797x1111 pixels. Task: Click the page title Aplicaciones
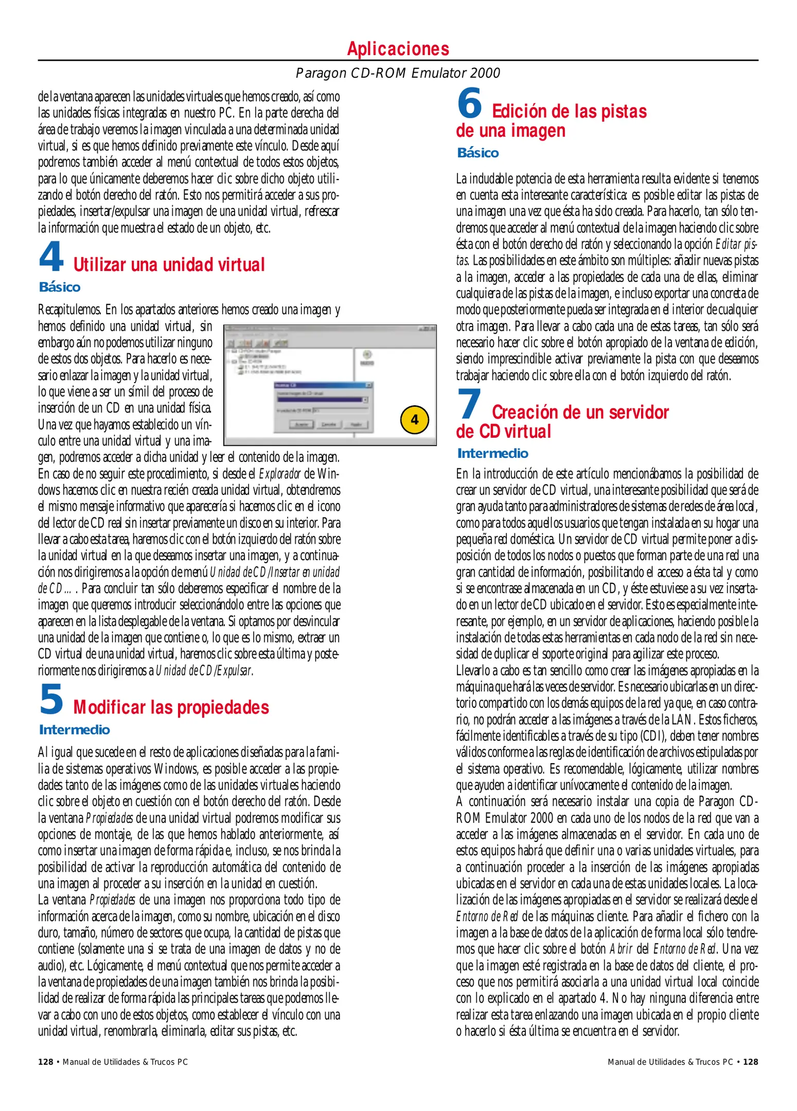(398, 49)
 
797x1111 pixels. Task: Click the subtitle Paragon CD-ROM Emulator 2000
(398, 73)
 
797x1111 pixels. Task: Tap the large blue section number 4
(51, 257)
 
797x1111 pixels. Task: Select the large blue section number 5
(51, 700)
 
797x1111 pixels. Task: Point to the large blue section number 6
(469, 103)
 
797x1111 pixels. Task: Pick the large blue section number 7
(469, 404)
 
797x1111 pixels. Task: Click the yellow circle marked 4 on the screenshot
(414, 420)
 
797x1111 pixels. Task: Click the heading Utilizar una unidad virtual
(169, 265)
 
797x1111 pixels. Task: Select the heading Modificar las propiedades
(171, 708)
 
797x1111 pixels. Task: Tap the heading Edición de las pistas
(569, 112)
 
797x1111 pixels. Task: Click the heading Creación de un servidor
(580, 413)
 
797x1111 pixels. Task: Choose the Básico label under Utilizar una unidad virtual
(60, 287)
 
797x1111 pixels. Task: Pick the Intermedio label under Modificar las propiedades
(74, 730)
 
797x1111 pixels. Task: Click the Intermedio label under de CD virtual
(492, 453)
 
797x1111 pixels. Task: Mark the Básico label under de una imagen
(478, 153)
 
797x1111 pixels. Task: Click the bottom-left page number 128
(46, 1062)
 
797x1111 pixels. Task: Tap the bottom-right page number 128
(750, 1062)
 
